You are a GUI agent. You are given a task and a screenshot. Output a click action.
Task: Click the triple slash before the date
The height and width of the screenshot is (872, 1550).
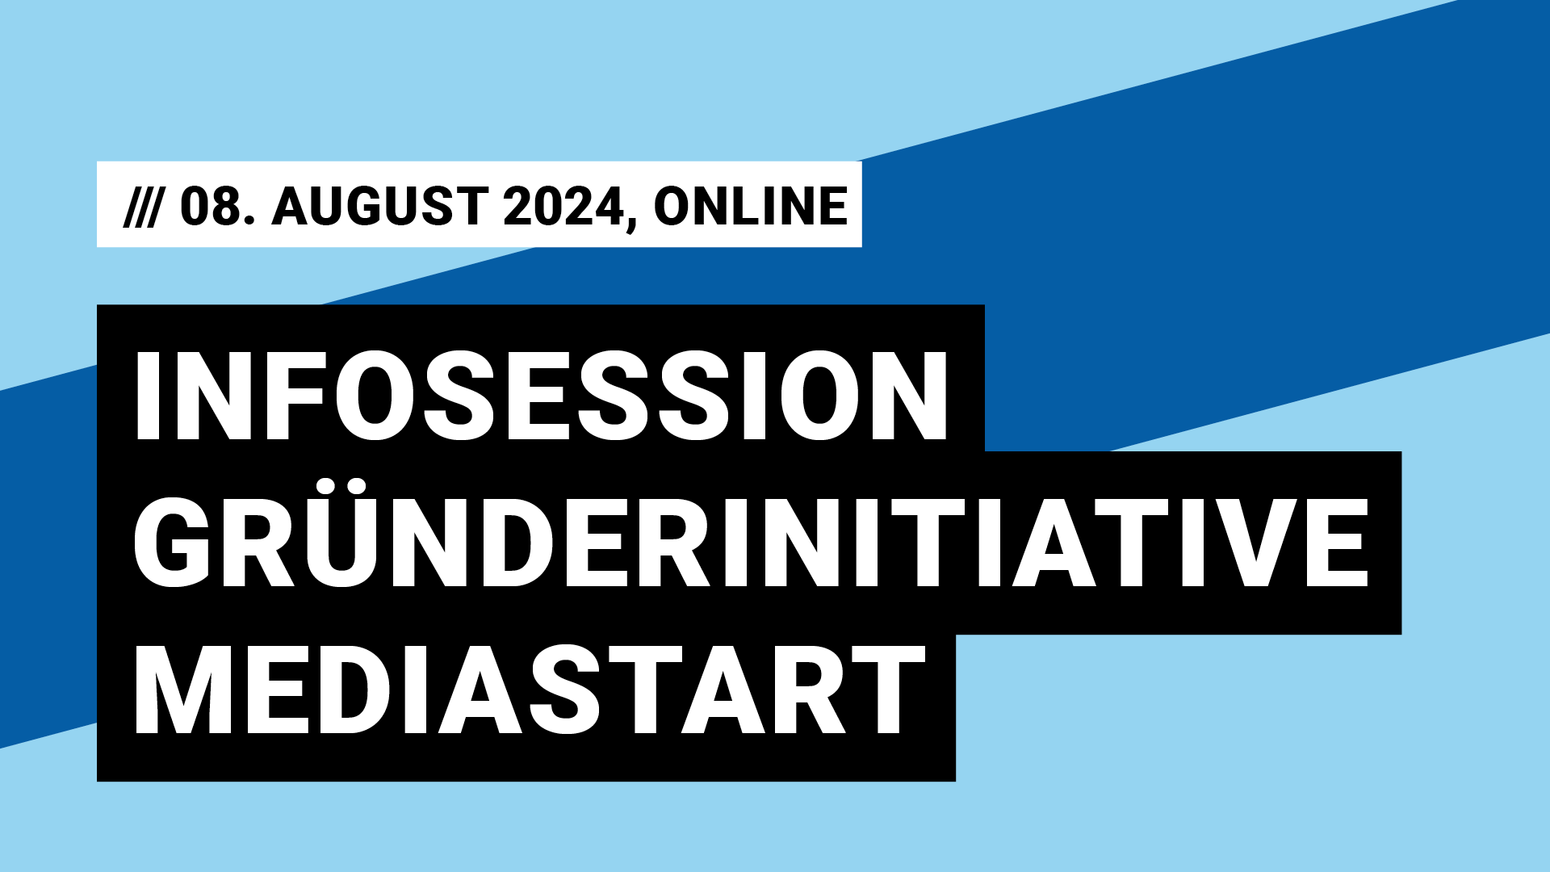click(142, 206)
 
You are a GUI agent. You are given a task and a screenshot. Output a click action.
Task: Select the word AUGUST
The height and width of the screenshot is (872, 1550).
click(379, 206)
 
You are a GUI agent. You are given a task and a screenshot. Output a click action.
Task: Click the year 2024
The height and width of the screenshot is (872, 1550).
click(563, 206)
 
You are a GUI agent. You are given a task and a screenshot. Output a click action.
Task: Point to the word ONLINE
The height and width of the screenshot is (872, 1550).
click(751, 206)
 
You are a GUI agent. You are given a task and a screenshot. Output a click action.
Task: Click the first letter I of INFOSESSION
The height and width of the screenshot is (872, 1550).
click(147, 396)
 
